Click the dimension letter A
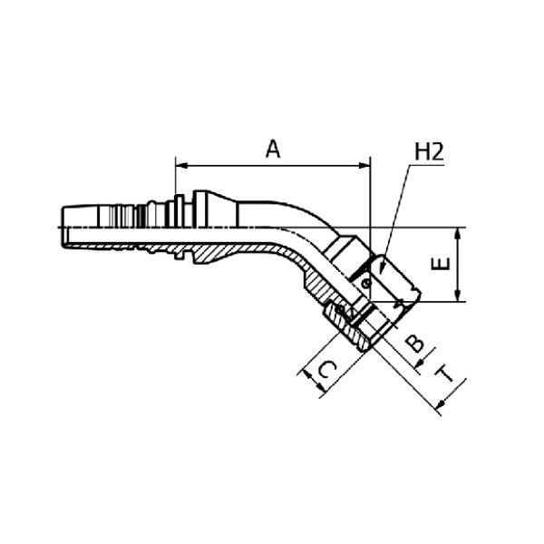tap(273, 150)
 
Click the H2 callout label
tap(430, 152)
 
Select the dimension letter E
tap(441, 264)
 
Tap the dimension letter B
tap(415, 343)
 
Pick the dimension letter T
tap(444, 374)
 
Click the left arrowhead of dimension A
tap(181, 166)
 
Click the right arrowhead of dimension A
tap(364, 166)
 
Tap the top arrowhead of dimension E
tap(458, 234)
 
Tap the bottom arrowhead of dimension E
tap(458, 296)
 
